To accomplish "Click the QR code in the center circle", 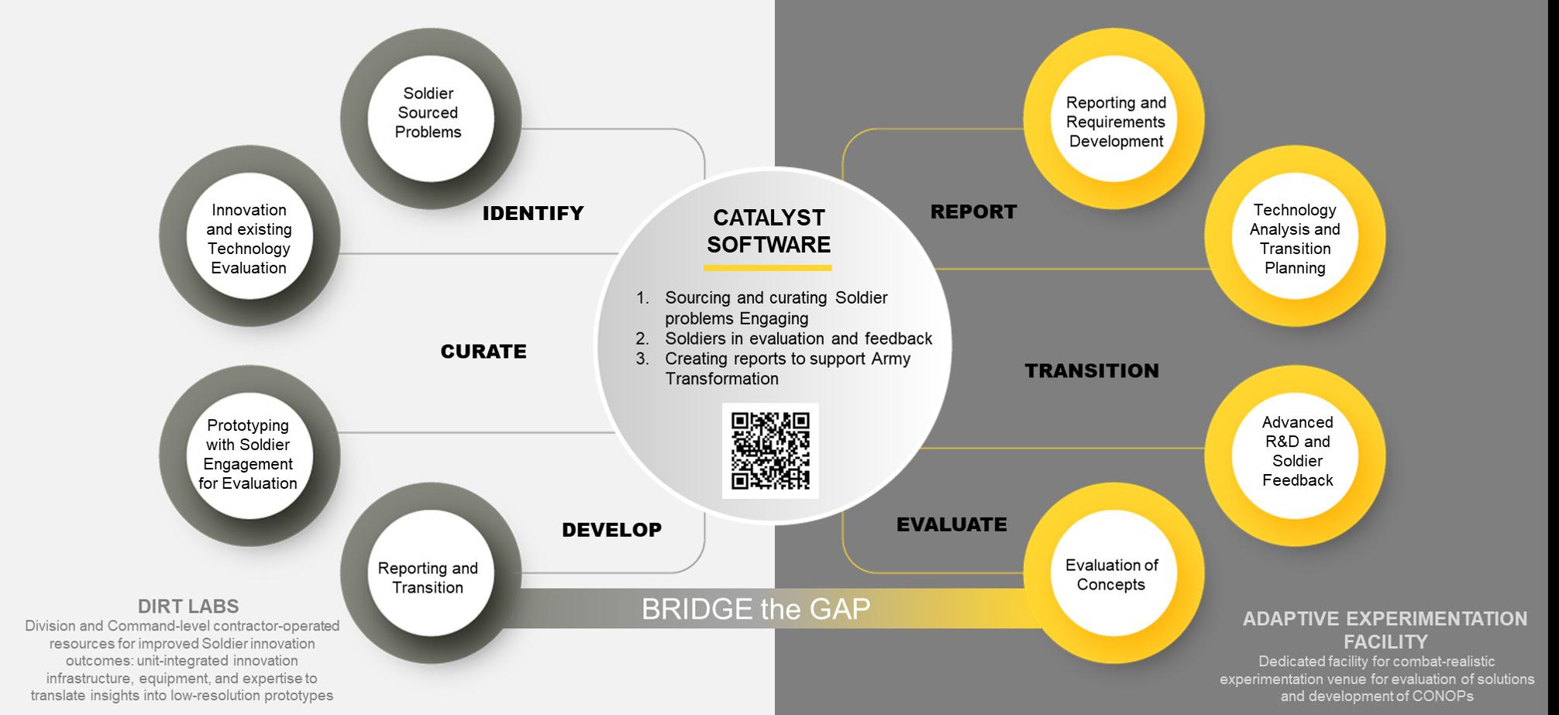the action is coord(770,451).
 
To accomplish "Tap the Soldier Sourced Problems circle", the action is coord(428,114).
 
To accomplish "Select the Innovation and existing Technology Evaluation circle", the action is coord(249,239).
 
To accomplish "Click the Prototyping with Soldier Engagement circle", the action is coord(249,454).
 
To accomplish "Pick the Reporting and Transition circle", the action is coord(428,577).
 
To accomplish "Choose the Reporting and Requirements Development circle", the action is coord(1115,122).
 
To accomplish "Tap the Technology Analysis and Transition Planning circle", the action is coord(1295,239).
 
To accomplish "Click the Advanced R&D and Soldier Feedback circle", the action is coord(1296,452).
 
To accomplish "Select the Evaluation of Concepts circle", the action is coord(1111,575).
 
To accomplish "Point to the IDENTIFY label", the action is coord(533,213).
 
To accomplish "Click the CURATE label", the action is coord(484,352).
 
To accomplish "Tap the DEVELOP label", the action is coord(611,530).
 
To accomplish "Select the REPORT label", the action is coord(973,211).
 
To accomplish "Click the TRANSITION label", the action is coord(1092,371).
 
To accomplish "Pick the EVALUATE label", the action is coord(952,524).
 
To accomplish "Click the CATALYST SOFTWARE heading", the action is coord(769,231).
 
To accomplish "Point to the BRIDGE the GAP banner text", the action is coord(755,609).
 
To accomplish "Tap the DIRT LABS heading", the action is coord(188,606).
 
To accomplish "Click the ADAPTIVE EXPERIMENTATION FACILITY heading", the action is coord(1385,630).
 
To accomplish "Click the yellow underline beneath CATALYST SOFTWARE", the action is coord(767,268).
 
